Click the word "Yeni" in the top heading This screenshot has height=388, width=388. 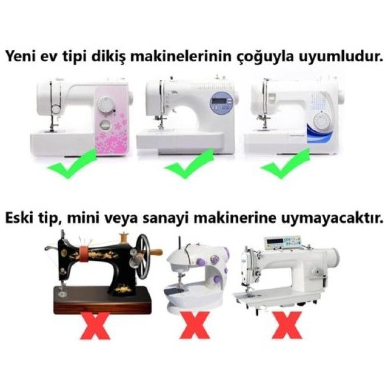20,57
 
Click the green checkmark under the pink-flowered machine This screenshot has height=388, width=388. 72,163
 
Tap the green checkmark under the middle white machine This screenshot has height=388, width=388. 189,163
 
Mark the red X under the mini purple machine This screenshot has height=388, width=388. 196,325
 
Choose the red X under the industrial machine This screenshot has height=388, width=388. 287,325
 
